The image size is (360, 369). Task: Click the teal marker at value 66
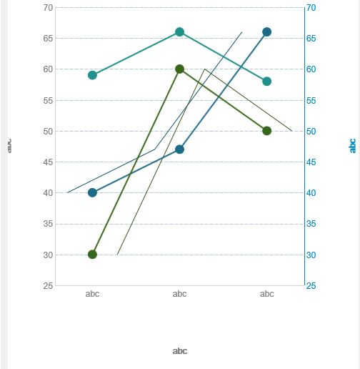pyautogui.click(x=179, y=32)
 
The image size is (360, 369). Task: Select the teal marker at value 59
pyautogui.click(x=92, y=75)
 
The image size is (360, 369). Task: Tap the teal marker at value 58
pyautogui.click(x=266, y=82)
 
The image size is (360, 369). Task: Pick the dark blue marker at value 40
pyautogui.click(x=92, y=193)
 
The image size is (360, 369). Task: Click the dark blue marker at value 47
pyautogui.click(x=179, y=149)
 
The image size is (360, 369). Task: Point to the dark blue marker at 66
pyautogui.click(x=266, y=32)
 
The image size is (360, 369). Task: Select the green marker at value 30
pyautogui.click(x=92, y=255)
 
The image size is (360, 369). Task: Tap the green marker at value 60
pyautogui.click(x=179, y=69)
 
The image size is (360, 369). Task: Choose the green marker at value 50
pyautogui.click(x=266, y=131)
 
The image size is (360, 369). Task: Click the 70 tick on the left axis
pyautogui.click(x=48, y=8)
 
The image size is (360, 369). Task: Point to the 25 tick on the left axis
pyautogui.click(x=48, y=286)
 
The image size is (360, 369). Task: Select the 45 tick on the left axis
pyautogui.click(x=48, y=162)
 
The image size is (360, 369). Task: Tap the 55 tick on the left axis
pyautogui.click(x=48, y=100)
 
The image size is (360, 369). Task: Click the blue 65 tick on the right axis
pyautogui.click(x=311, y=39)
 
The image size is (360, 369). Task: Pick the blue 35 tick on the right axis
pyautogui.click(x=311, y=224)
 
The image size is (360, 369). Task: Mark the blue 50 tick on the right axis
pyautogui.click(x=311, y=132)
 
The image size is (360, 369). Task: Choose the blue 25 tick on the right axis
pyautogui.click(x=311, y=286)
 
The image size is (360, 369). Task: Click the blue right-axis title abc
pyautogui.click(x=352, y=145)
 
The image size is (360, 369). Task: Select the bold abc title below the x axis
pyautogui.click(x=180, y=351)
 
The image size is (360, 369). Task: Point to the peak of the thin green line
pyautogui.click(x=205, y=69)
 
